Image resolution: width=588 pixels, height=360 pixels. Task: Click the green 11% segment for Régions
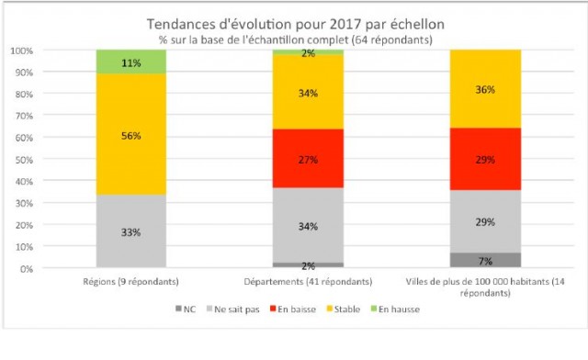[130, 62]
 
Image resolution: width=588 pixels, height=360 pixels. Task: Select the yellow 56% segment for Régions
[130, 134]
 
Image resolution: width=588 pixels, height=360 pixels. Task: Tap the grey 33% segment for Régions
[130, 231]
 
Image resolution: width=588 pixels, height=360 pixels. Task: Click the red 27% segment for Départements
[308, 158]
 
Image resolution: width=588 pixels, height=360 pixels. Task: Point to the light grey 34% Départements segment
[308, 225]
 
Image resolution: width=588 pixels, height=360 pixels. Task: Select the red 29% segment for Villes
[485, 159]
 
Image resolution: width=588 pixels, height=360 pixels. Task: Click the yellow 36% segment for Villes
[485, 89]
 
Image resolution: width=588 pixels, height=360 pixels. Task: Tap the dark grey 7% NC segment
[485, 260]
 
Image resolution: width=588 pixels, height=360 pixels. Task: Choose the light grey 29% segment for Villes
[485, 221]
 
